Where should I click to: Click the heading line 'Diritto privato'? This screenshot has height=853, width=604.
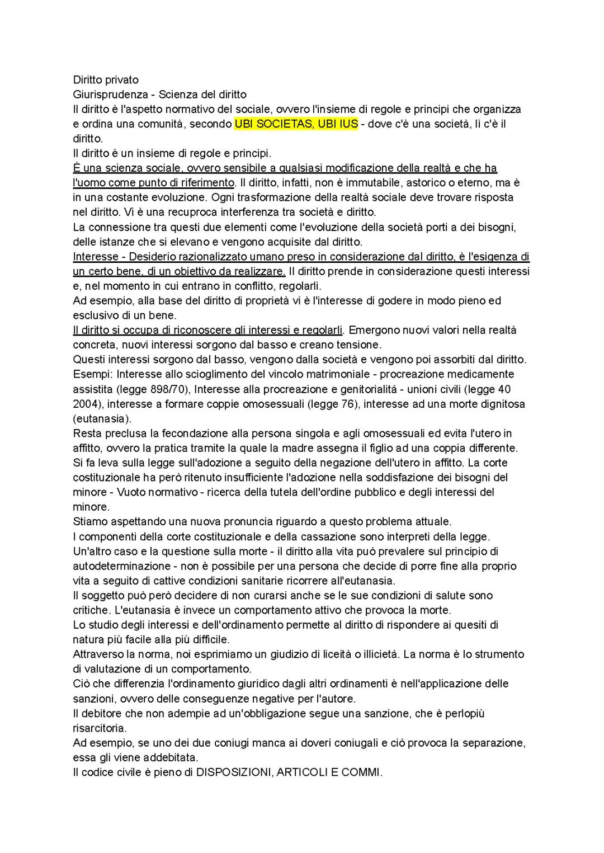(x=106, y=80)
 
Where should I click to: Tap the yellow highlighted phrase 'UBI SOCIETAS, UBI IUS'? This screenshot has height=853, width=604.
(x=296, y=124)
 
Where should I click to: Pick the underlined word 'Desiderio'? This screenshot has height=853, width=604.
(x=151, y=257)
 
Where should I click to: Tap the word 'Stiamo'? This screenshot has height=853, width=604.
(x=88, y=522)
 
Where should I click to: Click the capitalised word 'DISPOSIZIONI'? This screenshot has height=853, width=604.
(x=234, y=772)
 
